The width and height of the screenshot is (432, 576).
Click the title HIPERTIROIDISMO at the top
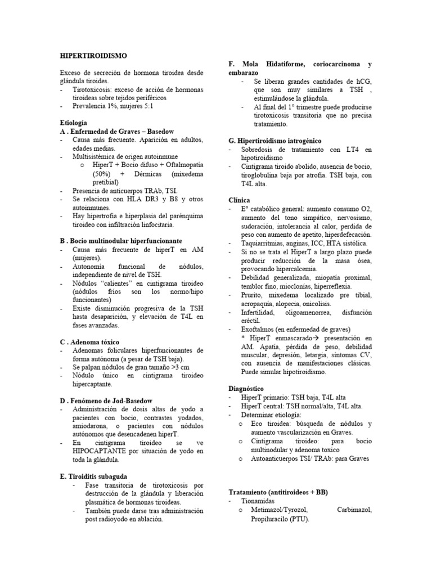click(x=93, y=56)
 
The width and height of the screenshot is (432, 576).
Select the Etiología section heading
click(x=73, y=122)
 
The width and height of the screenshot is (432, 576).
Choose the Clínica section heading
click(x=240, y=200)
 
